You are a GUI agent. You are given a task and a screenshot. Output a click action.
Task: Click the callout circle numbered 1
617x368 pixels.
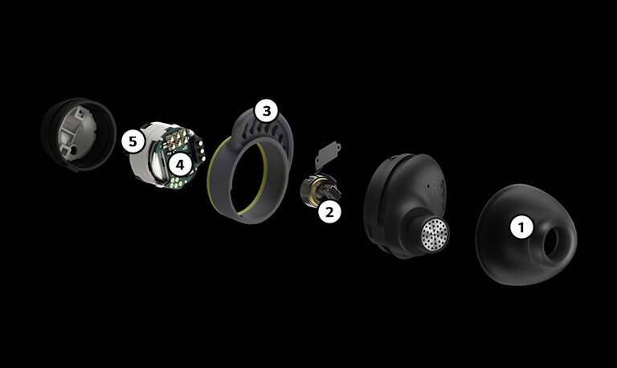pyautogui.click(x=522, y=227)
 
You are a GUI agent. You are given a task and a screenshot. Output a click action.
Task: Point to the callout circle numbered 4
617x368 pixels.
pyautogui.click(x=180, y=165)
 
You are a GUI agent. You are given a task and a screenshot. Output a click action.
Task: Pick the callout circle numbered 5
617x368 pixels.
pyautogui.click(x=134, y=142)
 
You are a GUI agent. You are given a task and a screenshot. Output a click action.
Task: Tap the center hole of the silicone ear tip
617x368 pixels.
pyautogui.click(x=556, y=241)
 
